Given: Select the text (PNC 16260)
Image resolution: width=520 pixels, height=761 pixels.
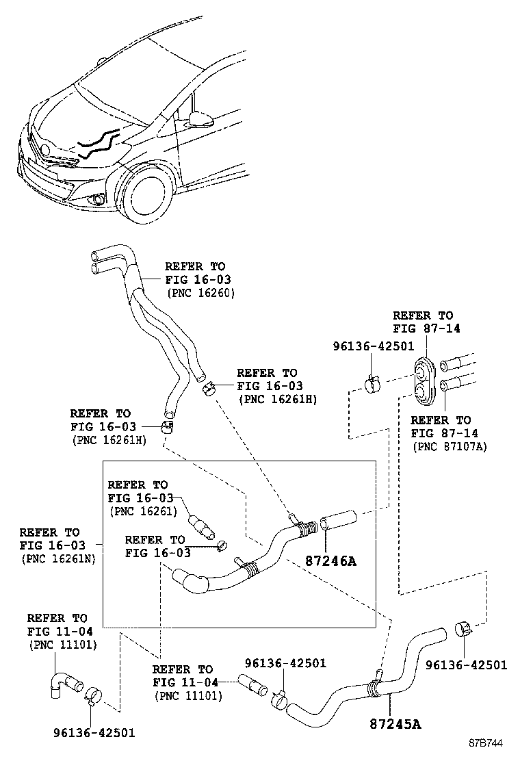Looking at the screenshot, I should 201,293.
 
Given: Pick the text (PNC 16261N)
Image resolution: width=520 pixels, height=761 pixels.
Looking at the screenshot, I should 57,558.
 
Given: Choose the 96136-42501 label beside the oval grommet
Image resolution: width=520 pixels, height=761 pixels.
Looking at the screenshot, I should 374,346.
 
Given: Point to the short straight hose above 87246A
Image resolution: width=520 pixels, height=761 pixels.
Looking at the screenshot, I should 339,519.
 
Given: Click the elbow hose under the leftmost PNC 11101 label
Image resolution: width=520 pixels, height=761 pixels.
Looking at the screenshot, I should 63,682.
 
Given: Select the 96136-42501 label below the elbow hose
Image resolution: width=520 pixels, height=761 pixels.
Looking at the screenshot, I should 94,732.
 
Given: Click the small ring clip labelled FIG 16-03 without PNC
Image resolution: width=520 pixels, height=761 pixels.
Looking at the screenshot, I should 221,545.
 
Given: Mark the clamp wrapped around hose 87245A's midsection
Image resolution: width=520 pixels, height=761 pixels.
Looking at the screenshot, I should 374,684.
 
